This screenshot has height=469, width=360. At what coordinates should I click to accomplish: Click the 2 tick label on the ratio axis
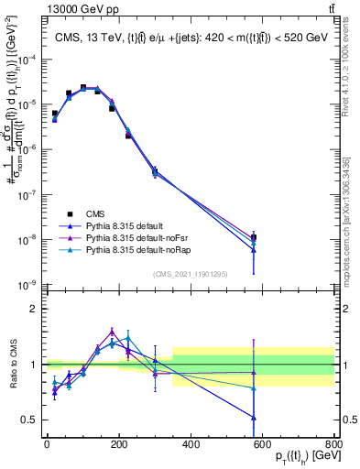[x=34, y=309]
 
